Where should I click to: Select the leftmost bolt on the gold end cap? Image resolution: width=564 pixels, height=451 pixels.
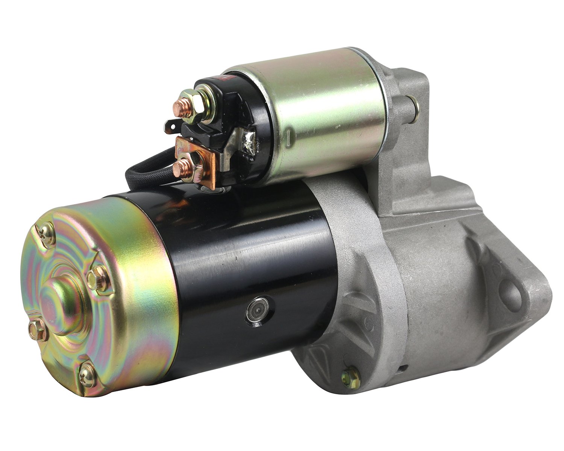click(38, 330)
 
